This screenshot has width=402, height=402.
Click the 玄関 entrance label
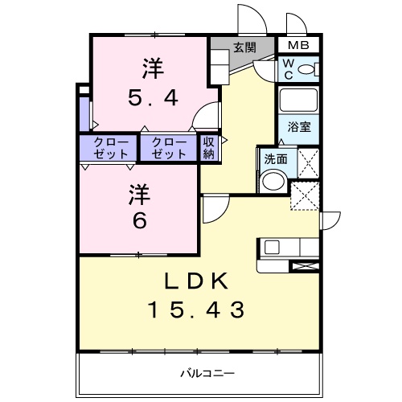coord(244,47)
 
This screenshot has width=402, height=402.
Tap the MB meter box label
coord(298,46)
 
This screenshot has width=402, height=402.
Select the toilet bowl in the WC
coord(306,71)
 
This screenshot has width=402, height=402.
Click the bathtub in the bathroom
coord(299,100)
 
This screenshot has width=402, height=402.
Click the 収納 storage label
coord(209,148)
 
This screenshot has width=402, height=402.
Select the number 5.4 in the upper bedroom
coord(154,97)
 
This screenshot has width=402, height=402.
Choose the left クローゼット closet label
coord(109,148)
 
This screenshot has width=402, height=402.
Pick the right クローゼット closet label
coord(168,148)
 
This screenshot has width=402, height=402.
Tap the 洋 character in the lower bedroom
coord(140,193)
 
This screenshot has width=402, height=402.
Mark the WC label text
coord(287,71)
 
